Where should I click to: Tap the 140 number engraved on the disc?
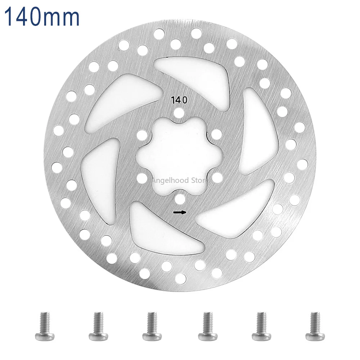coord(179,100)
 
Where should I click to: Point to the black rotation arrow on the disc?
coord(180,212)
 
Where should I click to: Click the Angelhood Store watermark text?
coord(178,180)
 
